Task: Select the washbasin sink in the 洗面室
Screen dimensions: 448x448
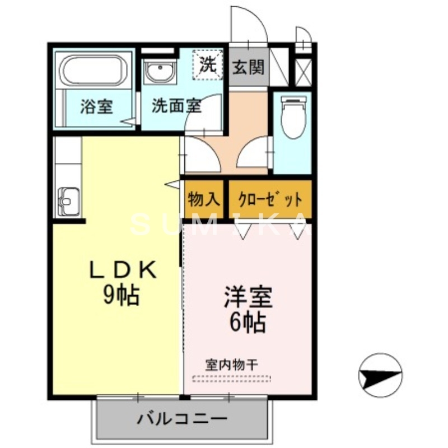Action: point(160,72)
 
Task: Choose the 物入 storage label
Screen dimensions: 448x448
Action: point(204,199)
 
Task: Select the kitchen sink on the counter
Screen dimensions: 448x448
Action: point(67,200)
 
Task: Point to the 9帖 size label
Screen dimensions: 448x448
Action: point(120,295)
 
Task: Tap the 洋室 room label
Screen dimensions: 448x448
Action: point(248,297)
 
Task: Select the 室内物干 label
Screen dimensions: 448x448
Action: point(231,365)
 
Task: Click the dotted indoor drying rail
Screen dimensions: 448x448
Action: point(231,379)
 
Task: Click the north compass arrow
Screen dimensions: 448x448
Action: point(380,375)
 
